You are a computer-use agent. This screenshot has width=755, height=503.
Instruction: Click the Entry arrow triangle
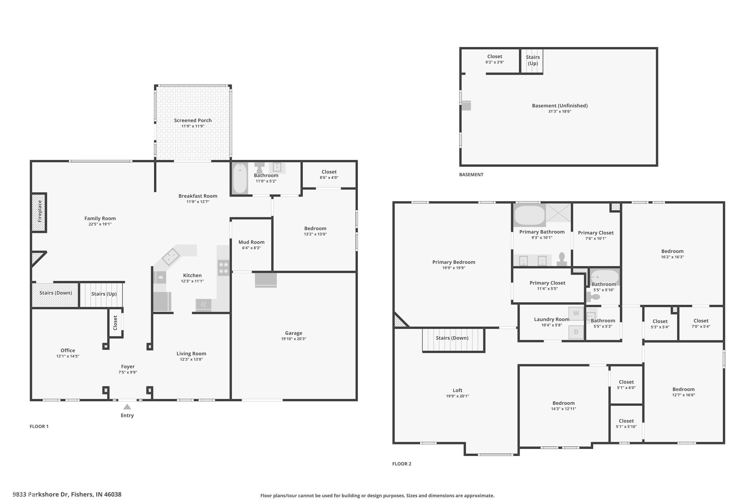(127, 407)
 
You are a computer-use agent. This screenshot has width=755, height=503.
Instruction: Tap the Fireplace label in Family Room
(40, 211)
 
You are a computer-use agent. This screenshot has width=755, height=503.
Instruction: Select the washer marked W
(576, 313)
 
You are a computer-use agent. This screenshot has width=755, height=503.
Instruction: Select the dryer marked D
(576, 332)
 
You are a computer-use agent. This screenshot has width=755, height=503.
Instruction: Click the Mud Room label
(251, 242)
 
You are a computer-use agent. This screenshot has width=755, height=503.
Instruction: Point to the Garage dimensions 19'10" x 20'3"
(293, 339)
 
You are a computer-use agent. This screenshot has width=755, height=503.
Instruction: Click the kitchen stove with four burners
(223, 268)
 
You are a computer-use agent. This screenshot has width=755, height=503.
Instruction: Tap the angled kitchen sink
(171, 256)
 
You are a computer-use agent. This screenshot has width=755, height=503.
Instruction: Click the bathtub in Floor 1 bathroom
(240, 178)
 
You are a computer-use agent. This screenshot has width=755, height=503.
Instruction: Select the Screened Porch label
(193, 120)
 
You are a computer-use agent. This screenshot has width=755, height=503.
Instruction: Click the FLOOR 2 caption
(402, 464)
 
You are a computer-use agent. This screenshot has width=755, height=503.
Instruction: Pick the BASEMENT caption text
(471, 175)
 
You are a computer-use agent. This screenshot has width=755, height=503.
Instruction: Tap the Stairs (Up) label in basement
(533, 60)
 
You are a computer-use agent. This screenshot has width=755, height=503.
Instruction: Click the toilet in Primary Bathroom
(562, 259)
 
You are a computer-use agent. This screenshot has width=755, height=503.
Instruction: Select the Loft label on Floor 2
(458, 390)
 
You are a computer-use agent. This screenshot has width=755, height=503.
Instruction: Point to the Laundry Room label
(551, 319)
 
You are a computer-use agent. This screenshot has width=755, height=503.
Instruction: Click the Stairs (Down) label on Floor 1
(56, 293)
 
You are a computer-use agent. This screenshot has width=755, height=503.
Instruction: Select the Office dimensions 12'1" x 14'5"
(68, 356)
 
